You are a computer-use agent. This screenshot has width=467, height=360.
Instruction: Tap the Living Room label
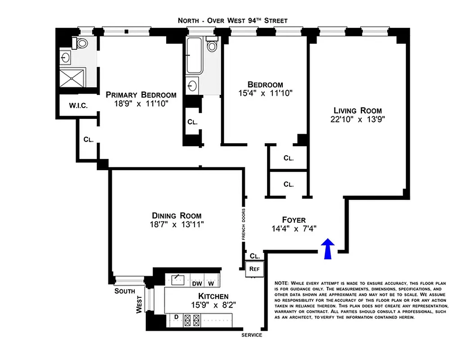(358, 110)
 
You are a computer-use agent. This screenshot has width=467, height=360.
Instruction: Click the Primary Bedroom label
(141, 94)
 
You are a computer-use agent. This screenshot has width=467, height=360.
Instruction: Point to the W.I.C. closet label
(78, 106)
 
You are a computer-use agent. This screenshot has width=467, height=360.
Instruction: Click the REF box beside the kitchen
(254, 269)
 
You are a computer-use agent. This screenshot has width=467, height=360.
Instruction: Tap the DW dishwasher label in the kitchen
(197, 283)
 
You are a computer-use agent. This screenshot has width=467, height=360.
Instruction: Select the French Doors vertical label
(243, 224)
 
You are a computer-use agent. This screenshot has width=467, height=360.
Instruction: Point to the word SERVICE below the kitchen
(252, 335)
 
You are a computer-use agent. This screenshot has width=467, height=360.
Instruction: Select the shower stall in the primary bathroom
(72, 78)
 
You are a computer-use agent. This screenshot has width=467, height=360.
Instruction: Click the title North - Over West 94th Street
(232, 21)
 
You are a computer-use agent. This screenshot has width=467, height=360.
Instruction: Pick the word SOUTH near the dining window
(125, 291)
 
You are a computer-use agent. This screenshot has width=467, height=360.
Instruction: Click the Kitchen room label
(213, 296)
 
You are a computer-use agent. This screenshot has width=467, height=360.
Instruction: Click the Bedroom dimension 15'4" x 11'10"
(266, 94)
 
